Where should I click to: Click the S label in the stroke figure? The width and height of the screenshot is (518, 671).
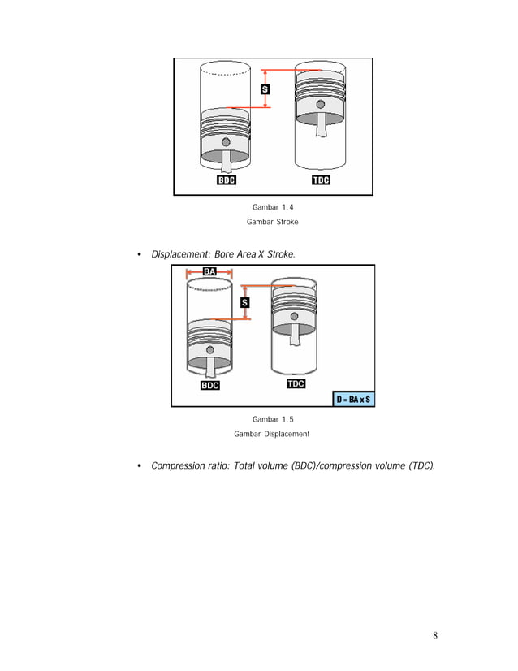click(265, 89)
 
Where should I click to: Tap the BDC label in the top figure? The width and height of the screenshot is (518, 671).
click(226, 180)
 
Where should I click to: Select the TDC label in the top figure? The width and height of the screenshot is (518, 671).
click(321, 180)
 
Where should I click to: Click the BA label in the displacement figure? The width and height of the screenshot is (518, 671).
click(209, 271)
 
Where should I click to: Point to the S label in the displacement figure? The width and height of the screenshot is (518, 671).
click(244, 303)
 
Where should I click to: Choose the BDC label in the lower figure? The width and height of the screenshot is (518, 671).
click(209, 386)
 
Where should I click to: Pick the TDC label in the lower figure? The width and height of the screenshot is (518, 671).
click(295, 383)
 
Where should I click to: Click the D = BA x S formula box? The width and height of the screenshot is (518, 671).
click(353, 400)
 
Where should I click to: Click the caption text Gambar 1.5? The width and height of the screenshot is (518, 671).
click(272, 419)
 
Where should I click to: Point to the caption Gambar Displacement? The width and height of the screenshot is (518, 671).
click(272, 434)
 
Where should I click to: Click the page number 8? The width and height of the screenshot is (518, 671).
click(435, 635)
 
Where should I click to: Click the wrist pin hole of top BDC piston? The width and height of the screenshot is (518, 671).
click(226, 143)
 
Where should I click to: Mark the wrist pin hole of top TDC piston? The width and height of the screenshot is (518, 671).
click(321, 104)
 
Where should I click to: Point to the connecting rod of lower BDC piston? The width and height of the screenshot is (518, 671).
click(210, 365)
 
